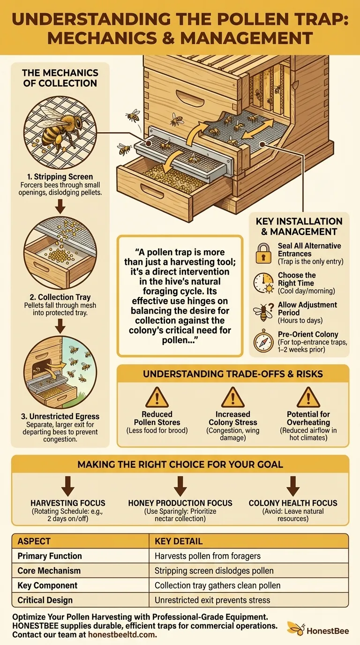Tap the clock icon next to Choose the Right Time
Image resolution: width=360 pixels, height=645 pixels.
tap(262, 283)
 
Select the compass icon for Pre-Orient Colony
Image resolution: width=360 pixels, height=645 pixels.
tap(262, 342)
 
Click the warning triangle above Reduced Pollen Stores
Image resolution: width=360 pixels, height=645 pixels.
tap(157, 398)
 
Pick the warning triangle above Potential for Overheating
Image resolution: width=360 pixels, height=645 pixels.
tap(309, 398)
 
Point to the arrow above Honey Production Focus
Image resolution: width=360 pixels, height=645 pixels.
tap(180, 486)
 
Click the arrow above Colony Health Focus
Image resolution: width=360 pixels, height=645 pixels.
tap(293, 486)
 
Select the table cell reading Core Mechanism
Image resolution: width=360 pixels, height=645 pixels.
tap(49, 571)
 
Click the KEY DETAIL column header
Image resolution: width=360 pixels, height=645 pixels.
tap(179, 541)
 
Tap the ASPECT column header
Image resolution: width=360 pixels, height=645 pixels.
tap(34, 541)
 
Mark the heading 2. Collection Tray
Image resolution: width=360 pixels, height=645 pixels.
tap(60, 297)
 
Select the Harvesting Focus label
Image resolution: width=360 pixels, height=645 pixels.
tap(68, 503)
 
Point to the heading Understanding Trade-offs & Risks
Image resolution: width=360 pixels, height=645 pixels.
tap(232, 375)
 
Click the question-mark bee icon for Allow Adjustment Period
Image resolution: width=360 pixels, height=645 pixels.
tap(262, 312)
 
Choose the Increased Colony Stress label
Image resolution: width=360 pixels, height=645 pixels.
tap(233, 419)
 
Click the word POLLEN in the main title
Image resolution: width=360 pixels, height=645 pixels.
tap(227, 19)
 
